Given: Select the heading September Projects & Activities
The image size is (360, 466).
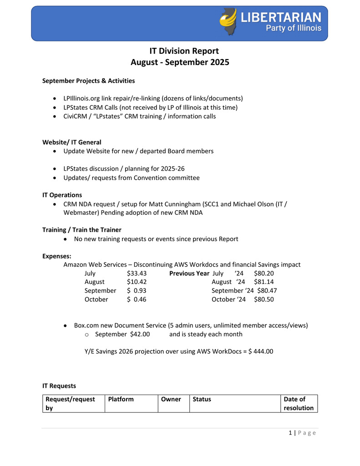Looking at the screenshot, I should pyautogui.click(x=88, y=81).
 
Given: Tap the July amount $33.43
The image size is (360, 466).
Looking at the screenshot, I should pyautogui.click(x=137, y=274).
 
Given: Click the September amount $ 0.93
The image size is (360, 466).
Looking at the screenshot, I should pyautogui.click(x=137, y=291).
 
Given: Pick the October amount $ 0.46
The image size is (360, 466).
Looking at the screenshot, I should pyautogui.click(x=137, y=299).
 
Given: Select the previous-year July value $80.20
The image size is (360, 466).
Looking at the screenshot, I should pyautogui.click(x=264, y=274).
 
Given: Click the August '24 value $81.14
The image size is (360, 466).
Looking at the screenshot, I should pyautogui.click(x=264, y=282).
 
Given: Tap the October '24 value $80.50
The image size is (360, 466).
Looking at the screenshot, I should pyautogui.click(x=264, y=299).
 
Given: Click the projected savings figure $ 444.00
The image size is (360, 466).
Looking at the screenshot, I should pyautogui.click(x=261, y=351).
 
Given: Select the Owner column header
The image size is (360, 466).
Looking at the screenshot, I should pyautogui.click(x=171, y=400).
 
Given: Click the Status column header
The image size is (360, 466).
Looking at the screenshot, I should pyautogui.click(x=202, y=400).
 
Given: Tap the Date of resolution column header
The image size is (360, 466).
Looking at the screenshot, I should pyautogui.click(x=299, y=404).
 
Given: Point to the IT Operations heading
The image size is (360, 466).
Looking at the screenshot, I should pyautogui.click(x=62, y=195).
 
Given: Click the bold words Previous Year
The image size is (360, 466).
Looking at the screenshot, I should pyautogui.click(x=189, y=274).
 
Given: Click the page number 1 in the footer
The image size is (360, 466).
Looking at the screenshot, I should pyautogui.click(x=290, y=433).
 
